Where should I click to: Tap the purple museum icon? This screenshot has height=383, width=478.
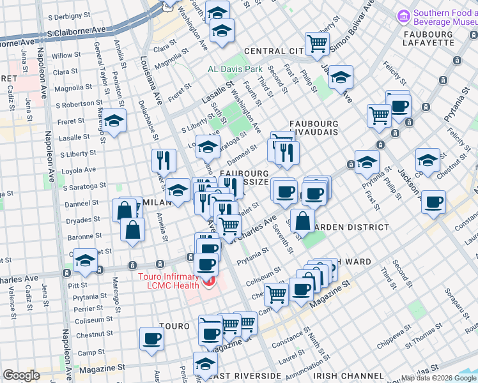[403, 15]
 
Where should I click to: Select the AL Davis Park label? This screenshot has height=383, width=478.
[235, 68]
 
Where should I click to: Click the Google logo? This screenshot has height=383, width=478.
[22, 375]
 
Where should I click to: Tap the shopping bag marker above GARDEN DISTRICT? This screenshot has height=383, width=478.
[302, 221]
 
